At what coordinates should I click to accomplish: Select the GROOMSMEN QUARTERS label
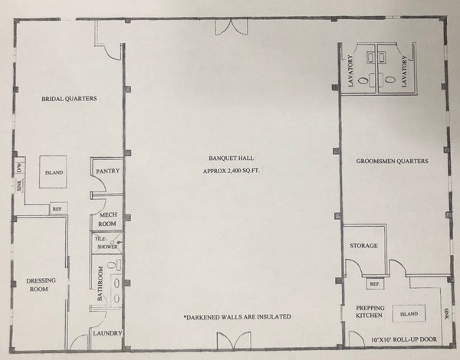(392, 162)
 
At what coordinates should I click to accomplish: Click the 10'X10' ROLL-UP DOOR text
(403, 339)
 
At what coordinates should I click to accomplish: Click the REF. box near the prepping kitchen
(376, 284)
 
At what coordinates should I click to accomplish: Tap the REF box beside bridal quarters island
(57, 208)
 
